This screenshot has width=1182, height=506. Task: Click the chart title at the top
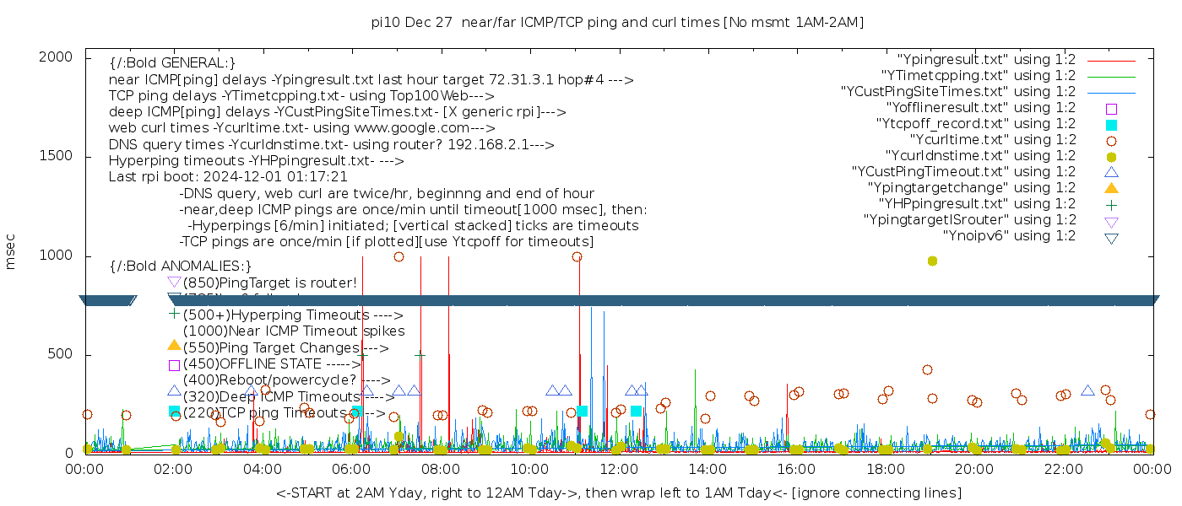point(617,22)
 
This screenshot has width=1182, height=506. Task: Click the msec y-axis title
point(11,252)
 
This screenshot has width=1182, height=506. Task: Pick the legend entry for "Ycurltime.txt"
point(993,139)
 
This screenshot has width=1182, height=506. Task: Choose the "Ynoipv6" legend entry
point(1009,235)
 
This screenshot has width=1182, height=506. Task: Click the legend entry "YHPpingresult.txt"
point(977,203)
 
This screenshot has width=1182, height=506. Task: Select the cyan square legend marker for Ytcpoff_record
point(1111,124)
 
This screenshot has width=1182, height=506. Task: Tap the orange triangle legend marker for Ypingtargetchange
point(1111,187)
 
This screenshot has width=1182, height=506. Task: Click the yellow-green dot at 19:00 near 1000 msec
point(932,261)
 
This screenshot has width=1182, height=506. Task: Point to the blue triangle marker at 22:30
point(1087,390)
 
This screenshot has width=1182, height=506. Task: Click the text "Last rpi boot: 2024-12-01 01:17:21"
point(228,177)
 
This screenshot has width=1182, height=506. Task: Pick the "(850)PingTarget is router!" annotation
point(269,283)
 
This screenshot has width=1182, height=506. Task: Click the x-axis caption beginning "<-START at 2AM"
point(618,493)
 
